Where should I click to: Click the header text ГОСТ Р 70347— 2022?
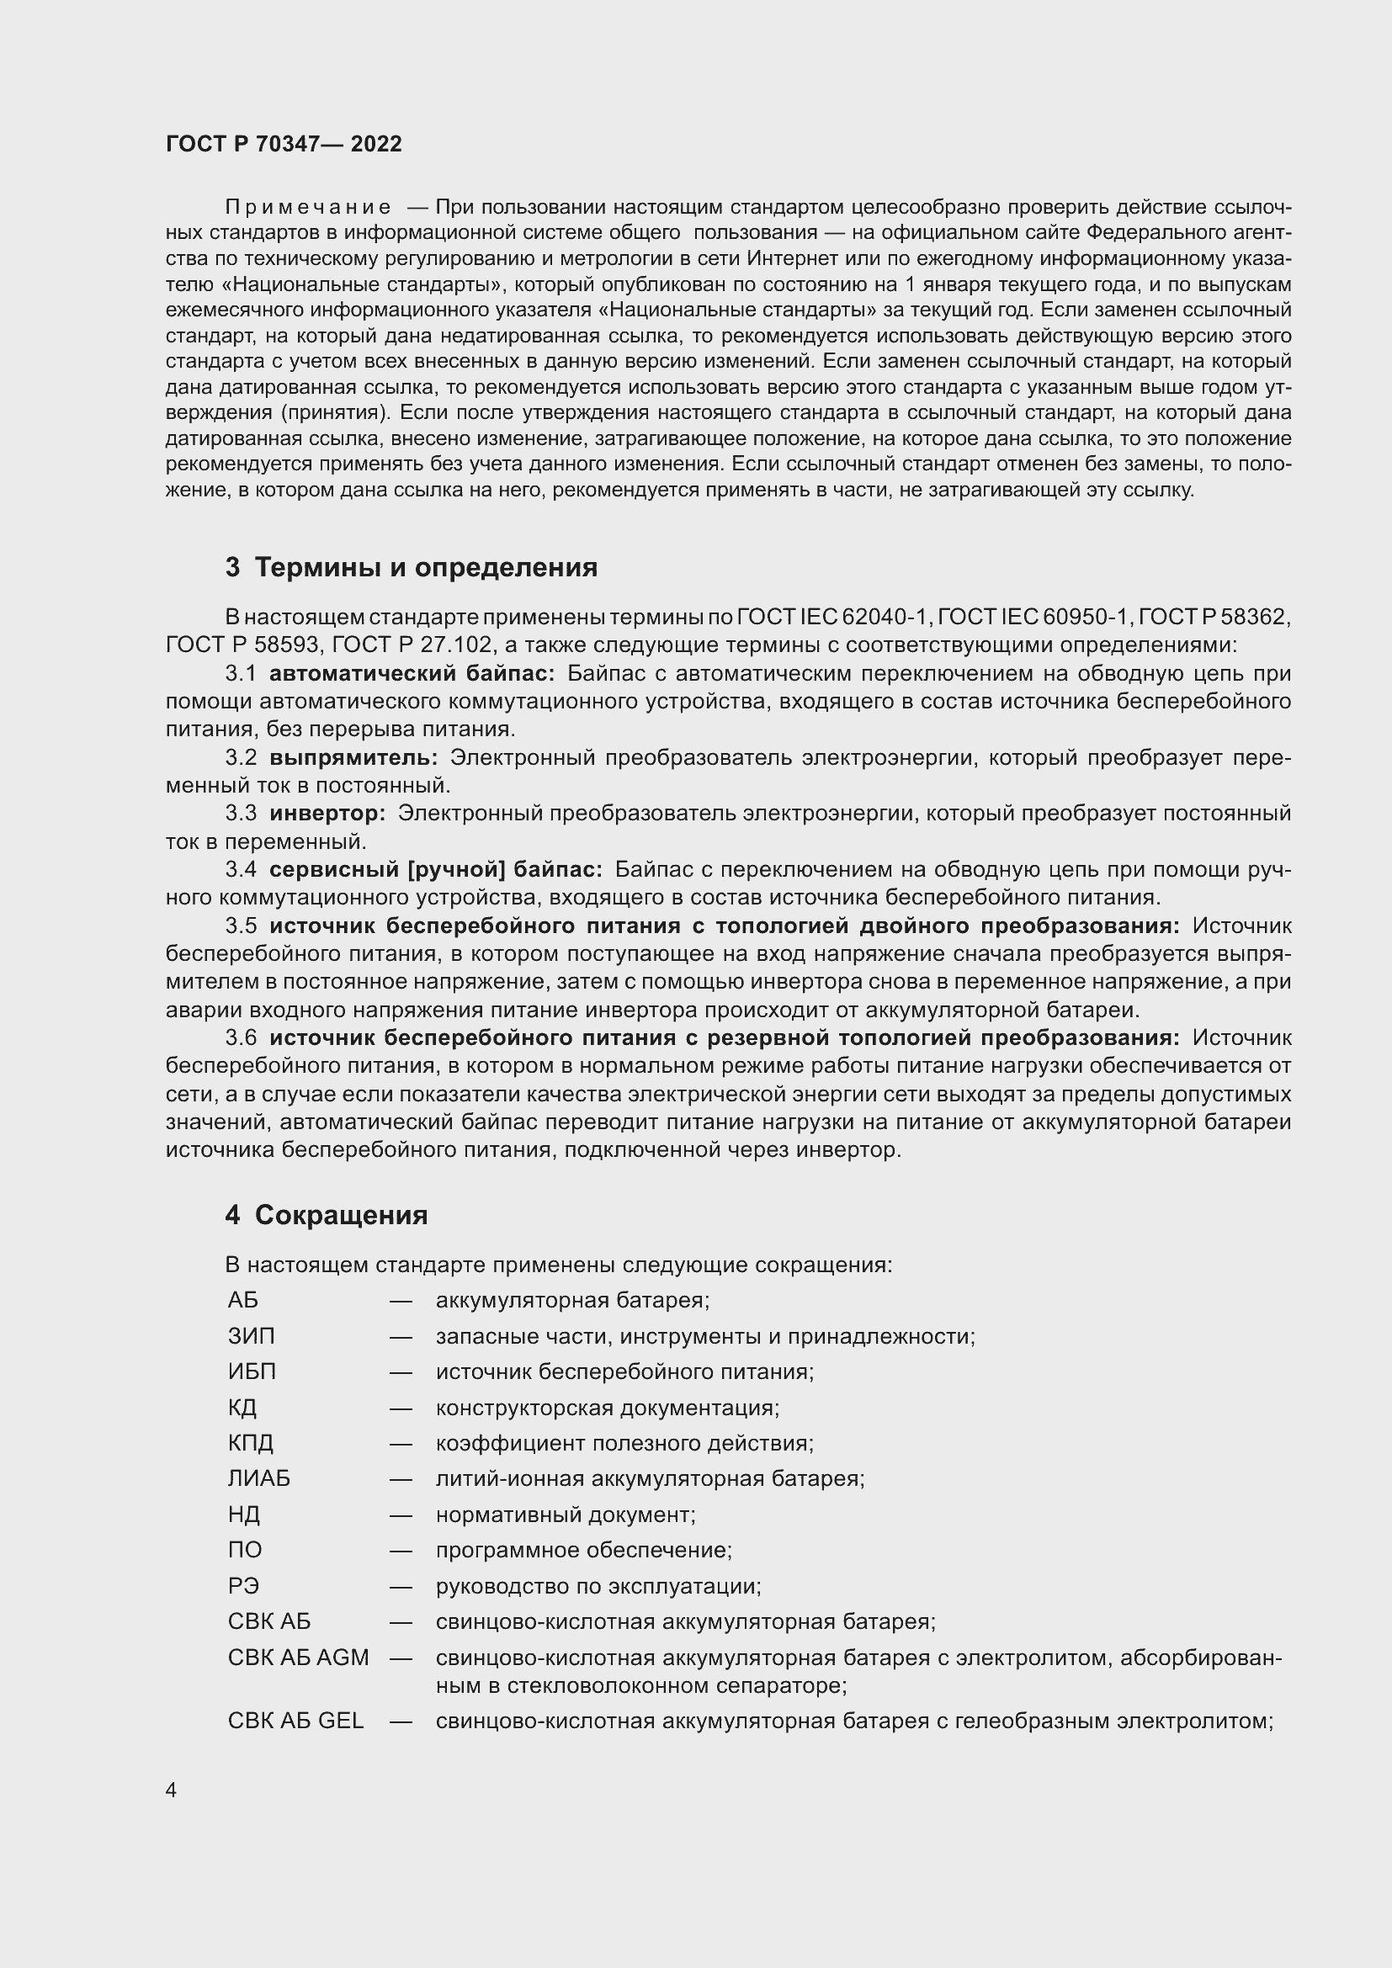[284, 144]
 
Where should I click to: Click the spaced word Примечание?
[308, 208]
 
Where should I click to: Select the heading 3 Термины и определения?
[412, 567]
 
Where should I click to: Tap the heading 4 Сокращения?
[327, 1215]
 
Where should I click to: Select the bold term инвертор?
[327, 814]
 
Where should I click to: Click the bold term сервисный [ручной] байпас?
[435, 870]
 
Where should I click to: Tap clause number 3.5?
[241, 926]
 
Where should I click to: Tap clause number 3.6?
[241, 1038]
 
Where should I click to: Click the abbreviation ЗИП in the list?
[251, 1336]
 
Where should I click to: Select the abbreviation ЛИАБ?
[259, 1478]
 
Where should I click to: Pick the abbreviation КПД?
[250, 1443]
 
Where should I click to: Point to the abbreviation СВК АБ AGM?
[298, 1657]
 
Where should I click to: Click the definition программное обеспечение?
[584, 1550]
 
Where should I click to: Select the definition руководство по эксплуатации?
[598, 1586]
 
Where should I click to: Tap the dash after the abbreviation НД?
[401, 1514]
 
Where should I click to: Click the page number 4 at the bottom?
[172, 1790]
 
